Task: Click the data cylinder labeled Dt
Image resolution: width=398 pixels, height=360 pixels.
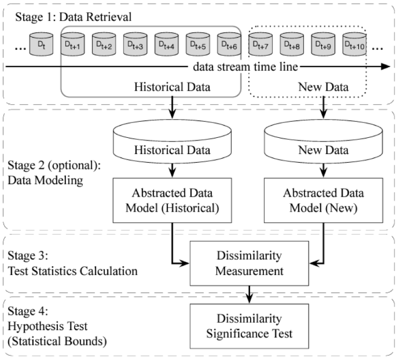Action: pyautogui.click(x=41, y=45)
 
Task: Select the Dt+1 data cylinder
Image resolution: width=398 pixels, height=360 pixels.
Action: pyautogui.click(x=73, y=45)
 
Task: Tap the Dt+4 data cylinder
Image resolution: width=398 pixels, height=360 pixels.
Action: pyautogui.click(x=166, y=45)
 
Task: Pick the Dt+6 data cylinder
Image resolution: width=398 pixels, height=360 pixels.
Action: pyautogui.click(x=229, y=45)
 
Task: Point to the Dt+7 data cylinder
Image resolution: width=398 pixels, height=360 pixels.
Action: pyautogui.click(x=260, y=45)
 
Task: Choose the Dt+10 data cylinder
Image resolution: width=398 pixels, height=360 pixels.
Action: pyautogui.click(x=354, y=45)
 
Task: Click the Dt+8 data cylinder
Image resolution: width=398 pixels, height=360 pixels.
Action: pyautogui.click(x=291, y=45)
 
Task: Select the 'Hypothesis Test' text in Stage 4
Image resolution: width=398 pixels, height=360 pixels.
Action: pyautogui.click(x=43, y=324)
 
